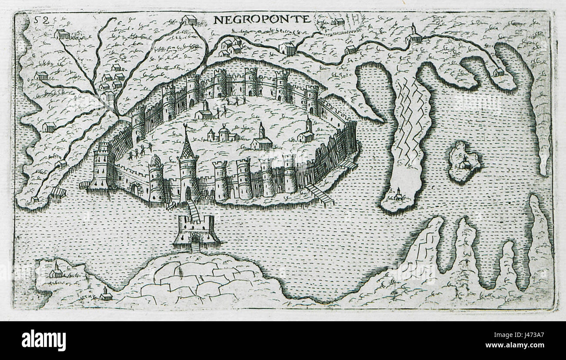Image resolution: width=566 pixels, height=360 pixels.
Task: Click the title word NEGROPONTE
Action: (x=262, y=19)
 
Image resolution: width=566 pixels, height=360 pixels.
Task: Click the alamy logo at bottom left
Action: (x=44, y=340)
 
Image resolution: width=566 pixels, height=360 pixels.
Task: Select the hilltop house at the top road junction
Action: (x=189, y=20)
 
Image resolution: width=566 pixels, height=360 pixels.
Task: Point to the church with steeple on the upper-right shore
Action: (x=413, y=35)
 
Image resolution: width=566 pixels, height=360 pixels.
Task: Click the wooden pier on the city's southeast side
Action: (x=320, y=194)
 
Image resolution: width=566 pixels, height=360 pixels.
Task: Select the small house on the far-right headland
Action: (x=498, y=71)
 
